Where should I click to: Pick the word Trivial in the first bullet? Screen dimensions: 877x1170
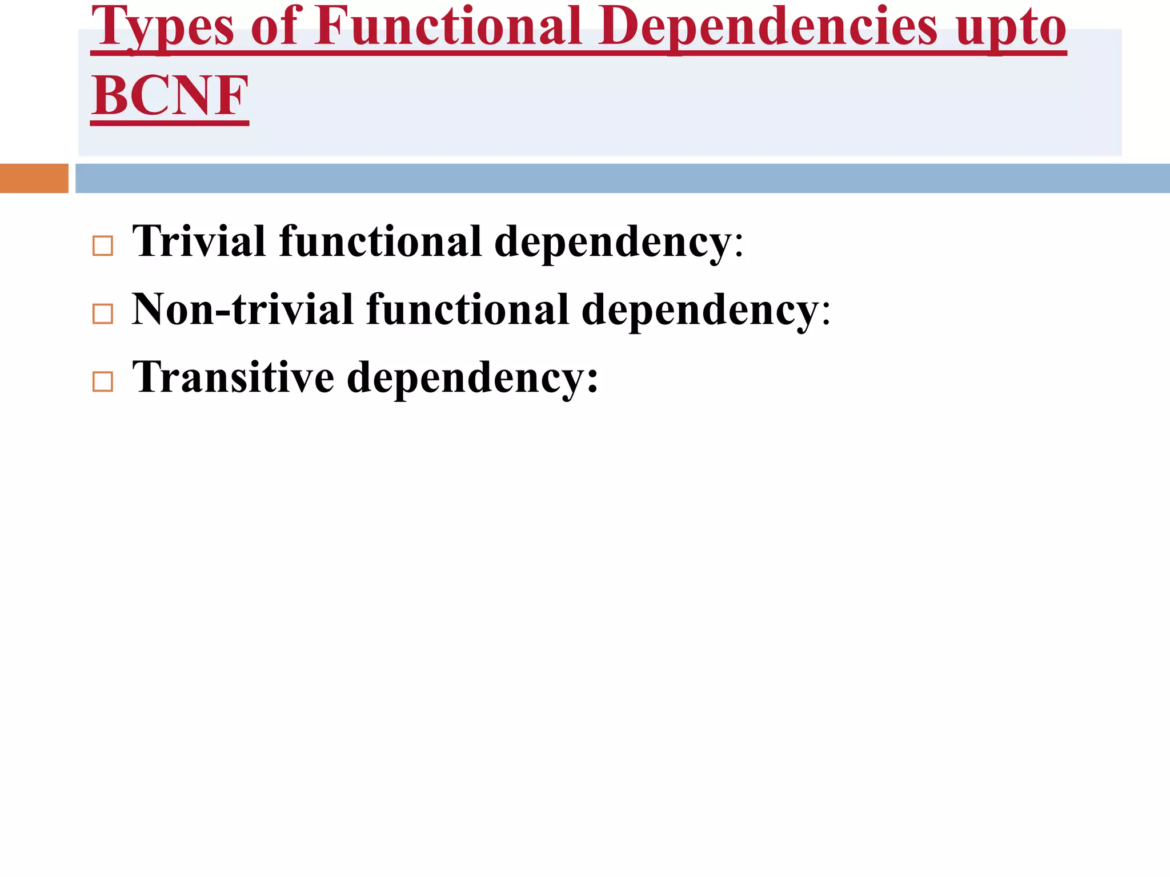199,241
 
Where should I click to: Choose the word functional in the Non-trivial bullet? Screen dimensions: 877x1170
468,309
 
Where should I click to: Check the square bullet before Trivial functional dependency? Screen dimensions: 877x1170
103,246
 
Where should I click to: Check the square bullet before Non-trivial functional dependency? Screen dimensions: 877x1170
103,314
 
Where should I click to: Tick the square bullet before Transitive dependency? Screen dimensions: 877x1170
103,381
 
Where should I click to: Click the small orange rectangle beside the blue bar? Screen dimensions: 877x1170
34,178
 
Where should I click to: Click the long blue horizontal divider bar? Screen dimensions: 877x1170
622,178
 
